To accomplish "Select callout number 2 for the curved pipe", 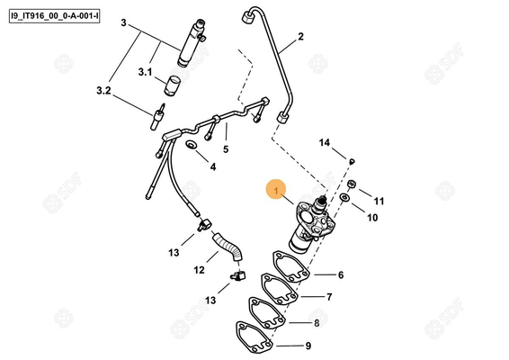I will coord(301,37).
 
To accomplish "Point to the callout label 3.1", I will coord(145,71).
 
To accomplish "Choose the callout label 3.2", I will coord(103,91).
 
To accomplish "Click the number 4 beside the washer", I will coord(212,166).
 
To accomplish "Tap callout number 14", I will coord(326,142).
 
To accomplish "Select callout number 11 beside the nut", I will coord(379,201).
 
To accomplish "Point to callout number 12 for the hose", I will coord(199,270).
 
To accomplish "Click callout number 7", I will coord(329,297).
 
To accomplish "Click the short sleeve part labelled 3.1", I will coord(173,85).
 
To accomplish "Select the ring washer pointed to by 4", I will coord(192,145).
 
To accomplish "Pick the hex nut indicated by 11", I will coord(352,186).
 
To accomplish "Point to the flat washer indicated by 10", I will coord(346,198).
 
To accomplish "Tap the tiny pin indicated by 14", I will coord(353,161).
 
